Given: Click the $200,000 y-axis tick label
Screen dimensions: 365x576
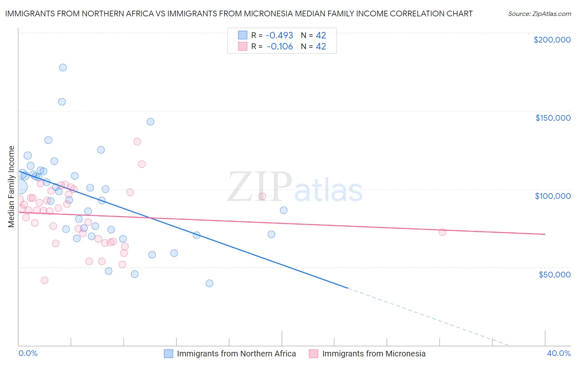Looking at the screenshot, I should tap(552, 40).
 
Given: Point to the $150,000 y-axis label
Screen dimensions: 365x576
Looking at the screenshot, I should tap(553, 118).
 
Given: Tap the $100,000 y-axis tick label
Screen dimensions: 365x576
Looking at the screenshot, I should tap(553, 196).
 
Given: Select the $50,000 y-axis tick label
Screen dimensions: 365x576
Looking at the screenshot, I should tap(554, 274).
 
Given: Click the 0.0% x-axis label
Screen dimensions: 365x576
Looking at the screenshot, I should tap(28, 353).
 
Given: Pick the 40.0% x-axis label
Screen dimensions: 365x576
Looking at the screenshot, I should tap(558, 353).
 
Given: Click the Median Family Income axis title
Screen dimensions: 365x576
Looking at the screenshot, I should tap(11, 186).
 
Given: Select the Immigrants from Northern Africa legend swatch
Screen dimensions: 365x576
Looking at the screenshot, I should tap(168, 354).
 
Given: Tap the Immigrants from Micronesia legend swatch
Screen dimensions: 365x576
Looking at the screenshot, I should tap(313, 354).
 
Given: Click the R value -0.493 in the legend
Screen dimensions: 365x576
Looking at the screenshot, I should tap(280, 35).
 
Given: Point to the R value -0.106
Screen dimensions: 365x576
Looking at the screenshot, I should tap(280, 47).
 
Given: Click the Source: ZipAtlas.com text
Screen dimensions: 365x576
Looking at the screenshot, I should tap(539, 14).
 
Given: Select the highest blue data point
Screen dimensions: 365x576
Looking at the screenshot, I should tap(63, 68).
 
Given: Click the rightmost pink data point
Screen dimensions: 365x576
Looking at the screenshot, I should tap(442, 232).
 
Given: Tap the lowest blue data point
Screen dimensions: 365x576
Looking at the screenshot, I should tap(209, 283).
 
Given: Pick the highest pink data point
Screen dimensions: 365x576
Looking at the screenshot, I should tap(137, 142).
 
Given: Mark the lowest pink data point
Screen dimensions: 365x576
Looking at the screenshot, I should tap(45, 280).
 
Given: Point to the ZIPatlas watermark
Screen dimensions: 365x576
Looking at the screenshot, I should tap(295, 187).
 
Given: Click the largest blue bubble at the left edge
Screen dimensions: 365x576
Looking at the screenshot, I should tap(20, 187).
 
